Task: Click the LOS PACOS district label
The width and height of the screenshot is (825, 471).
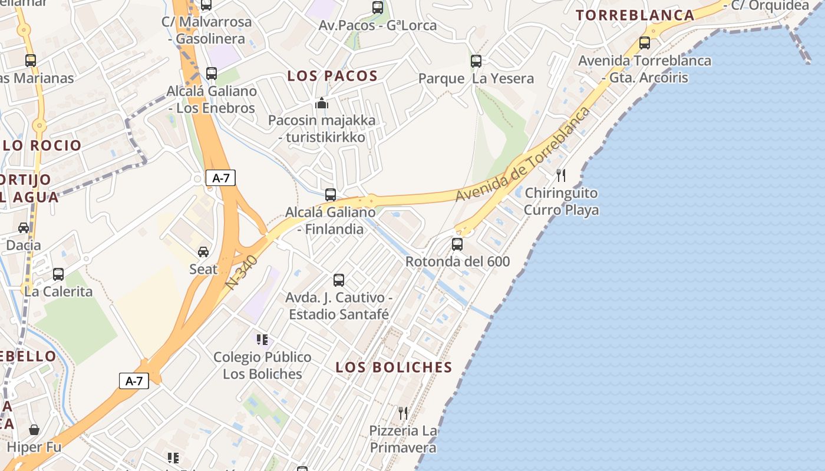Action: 332,75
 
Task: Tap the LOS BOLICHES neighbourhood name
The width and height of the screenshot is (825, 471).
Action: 394,367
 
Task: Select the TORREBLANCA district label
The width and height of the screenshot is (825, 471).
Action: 635,15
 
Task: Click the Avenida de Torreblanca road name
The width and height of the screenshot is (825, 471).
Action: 523,154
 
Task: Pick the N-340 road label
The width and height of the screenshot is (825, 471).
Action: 242,271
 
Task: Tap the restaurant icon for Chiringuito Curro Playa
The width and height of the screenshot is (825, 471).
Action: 561,175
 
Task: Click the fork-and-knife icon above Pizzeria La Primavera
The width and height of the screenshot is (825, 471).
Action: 403,413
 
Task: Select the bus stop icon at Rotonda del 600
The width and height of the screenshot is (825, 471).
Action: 457,244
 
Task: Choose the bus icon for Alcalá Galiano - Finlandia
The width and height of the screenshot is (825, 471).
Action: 331,195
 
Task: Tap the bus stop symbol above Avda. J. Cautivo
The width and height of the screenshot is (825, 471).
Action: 339,280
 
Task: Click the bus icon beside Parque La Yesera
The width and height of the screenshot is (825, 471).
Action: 476,61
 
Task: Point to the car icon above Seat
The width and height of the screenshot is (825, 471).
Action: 203,252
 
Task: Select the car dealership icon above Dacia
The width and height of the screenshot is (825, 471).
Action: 24,228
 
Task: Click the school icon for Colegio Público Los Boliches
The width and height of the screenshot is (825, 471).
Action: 262,339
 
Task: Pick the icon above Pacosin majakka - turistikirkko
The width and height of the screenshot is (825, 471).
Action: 322,104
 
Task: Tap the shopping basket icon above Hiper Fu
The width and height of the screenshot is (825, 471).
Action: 34,430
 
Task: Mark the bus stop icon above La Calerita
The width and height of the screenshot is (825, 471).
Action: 58,274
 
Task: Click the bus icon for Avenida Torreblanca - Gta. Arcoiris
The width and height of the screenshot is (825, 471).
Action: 645,43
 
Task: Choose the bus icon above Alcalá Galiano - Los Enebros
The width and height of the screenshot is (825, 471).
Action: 212,74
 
